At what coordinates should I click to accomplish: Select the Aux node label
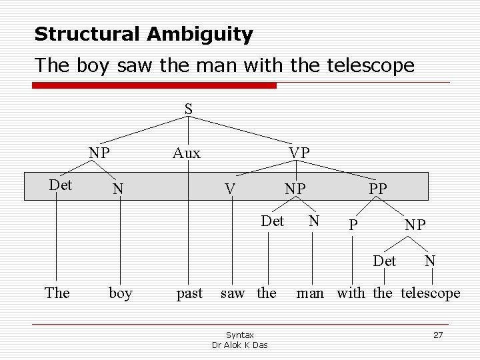(186, 153)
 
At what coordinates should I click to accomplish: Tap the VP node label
(299, 153)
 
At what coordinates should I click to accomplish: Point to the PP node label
(377, 189)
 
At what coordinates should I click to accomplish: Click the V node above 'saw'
(230, 189)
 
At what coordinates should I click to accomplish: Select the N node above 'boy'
(118, 189)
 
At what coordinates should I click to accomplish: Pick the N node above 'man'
(314, 221)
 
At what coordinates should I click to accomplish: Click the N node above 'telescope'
(431, 259)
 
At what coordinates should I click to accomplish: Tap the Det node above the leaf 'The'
(61, 185)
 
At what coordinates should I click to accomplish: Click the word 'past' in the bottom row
(189, 293)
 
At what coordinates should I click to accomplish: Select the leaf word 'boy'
(120, 293)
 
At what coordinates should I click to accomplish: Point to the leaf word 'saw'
(232, 293)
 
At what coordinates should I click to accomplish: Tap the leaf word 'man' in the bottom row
(311, 293)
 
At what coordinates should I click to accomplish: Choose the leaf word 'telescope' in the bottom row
(430, 293)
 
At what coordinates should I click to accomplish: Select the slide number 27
(438, 335)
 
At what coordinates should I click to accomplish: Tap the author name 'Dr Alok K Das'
(240, 345)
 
